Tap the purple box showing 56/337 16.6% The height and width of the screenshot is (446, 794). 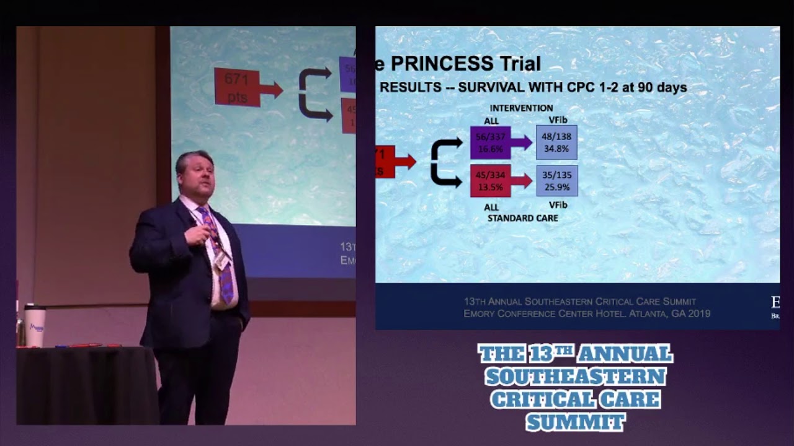[x=490, y=142]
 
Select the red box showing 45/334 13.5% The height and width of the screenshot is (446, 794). [x=490, y=181]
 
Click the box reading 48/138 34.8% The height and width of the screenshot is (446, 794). [x=556, y=142]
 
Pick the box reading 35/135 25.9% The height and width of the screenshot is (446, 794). [x=556, y=181]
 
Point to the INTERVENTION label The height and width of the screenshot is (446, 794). [x=521, y=108]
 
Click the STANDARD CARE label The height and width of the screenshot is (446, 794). [x=522, y=218]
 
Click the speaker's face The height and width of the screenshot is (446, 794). [x=197, y=177]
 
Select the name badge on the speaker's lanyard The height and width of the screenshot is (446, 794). [x=221, y=261]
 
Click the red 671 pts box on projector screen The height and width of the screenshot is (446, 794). [x=237, y=87]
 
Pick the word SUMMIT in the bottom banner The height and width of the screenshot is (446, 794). [x=575, y=422]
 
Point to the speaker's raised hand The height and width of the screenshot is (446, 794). [x=197, y=235]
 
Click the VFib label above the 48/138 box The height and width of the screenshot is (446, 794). [x=558, y=120]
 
